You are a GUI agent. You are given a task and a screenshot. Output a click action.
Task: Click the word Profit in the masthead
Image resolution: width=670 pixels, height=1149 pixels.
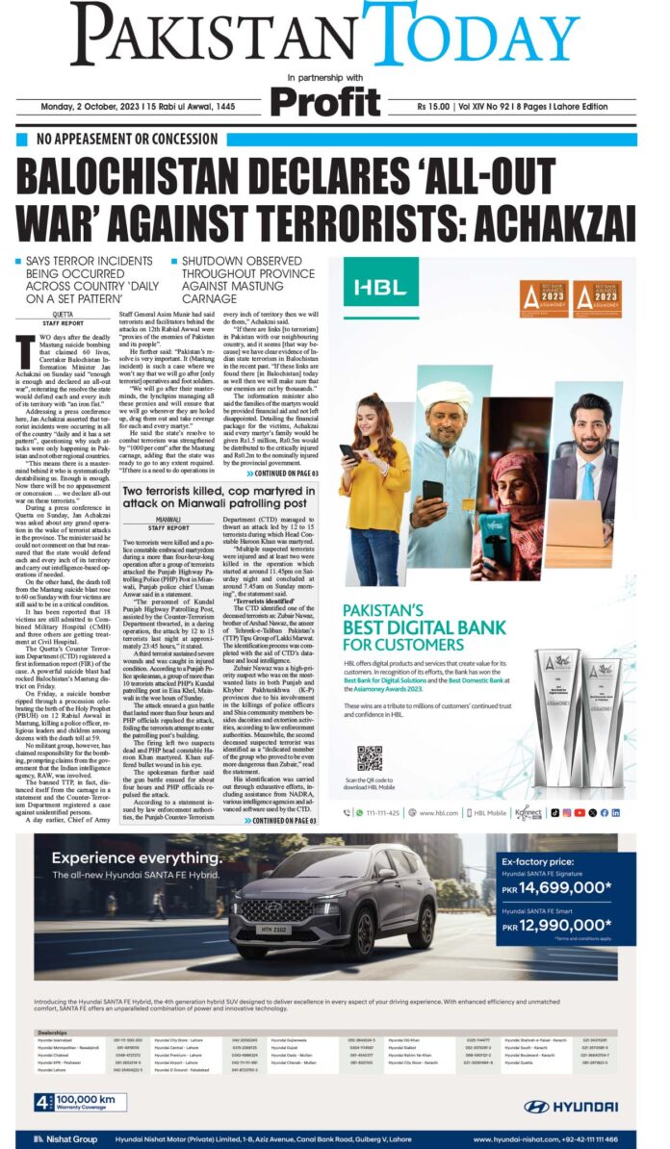325,101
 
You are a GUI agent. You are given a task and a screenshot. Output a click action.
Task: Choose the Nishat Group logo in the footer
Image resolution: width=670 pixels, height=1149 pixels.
58,1139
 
